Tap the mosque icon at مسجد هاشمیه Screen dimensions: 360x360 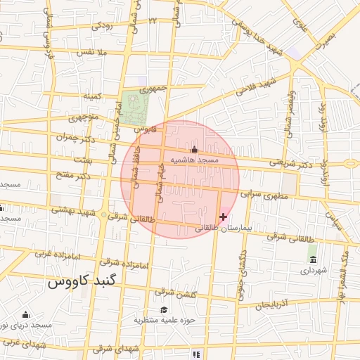[195, 150]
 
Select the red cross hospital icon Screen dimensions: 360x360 [223, 217]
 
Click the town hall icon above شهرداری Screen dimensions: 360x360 [313, 259]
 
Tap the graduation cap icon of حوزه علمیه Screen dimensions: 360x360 [164, 310]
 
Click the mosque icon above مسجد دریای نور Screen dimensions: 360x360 [26, 314]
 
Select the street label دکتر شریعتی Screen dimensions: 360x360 [292, 164]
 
